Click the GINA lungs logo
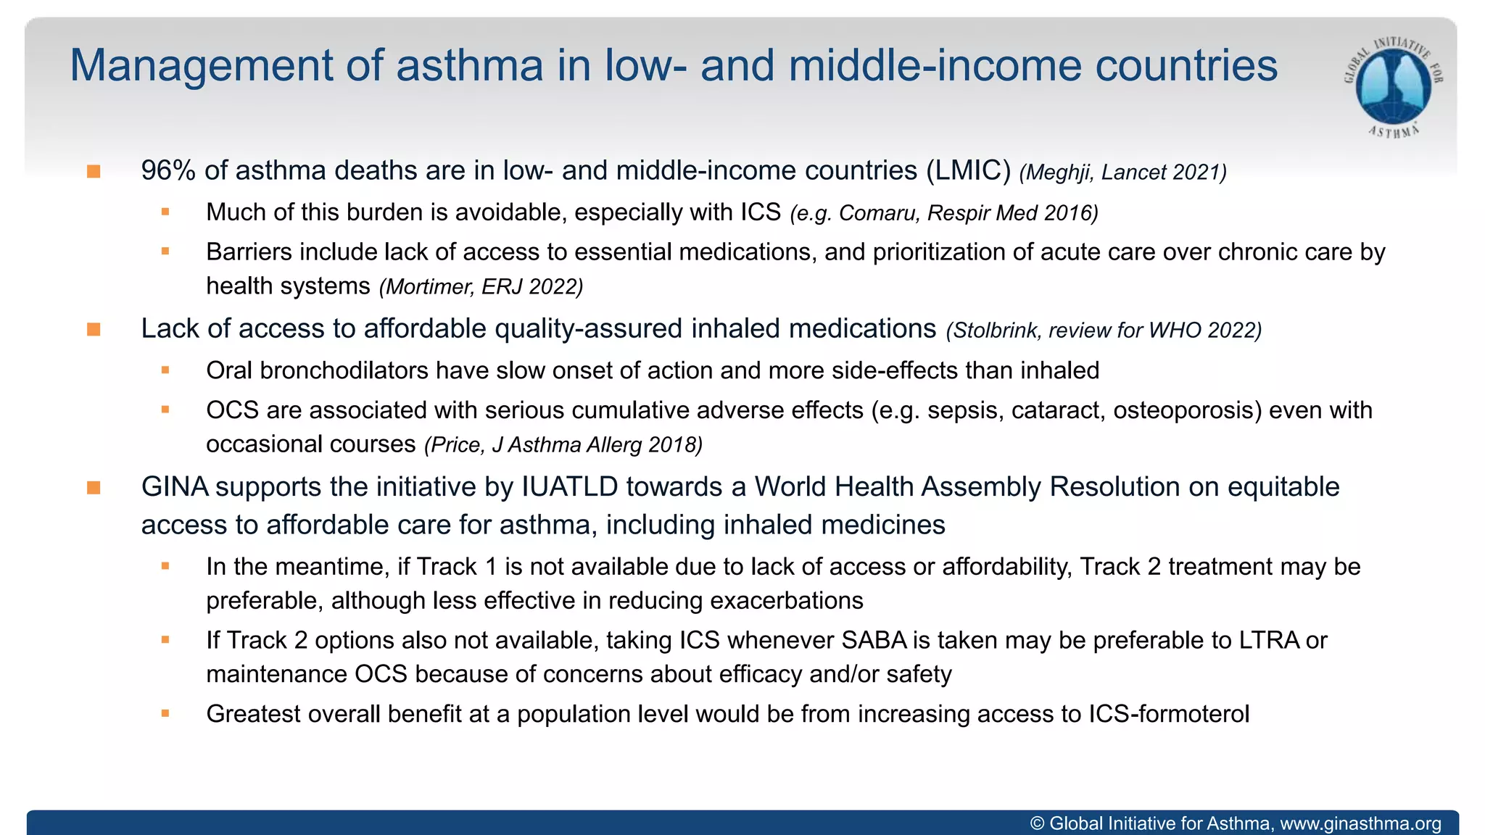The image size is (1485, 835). point(1393,86)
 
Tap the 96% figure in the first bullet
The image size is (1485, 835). point(168,171)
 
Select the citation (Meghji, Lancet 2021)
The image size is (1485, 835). point(1122,173)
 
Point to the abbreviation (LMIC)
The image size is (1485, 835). point(968,171)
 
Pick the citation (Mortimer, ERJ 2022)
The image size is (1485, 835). point(481,287)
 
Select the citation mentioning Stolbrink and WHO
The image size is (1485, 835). point(1104,331)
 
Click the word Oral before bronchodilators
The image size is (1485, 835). point(229,370)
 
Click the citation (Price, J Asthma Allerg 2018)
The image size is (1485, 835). point(563,444)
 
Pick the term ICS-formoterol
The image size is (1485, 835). point(1169,714)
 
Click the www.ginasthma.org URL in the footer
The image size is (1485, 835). point(1360,823)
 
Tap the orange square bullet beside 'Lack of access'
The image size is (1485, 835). point(94,330)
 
